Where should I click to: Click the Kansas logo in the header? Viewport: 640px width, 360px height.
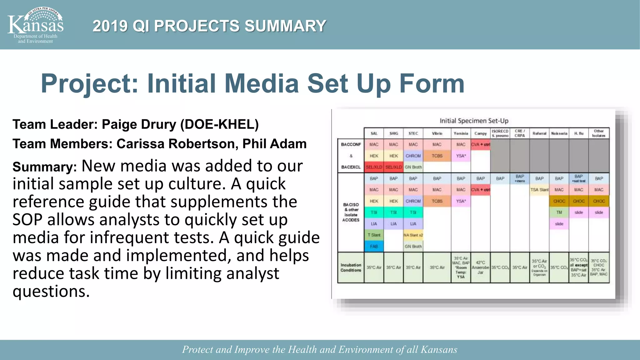(35, 25)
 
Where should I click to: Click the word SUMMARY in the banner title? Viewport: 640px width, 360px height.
(285, 26)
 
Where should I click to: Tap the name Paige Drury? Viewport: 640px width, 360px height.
(139, 124)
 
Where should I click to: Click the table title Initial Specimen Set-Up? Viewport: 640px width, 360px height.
(474, 121)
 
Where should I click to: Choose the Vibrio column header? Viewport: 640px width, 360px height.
(437, 133)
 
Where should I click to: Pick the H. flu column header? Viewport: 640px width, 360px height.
(578, 133)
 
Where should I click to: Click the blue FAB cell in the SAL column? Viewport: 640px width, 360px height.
(374, 246)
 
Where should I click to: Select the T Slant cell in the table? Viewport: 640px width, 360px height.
(374, 235)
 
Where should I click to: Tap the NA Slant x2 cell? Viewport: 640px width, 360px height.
(413, 235)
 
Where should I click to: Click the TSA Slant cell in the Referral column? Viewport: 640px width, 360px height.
(539, 190)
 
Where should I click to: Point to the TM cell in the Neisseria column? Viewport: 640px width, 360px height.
(559, 212)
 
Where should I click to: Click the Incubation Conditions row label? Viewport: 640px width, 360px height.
(351, 267)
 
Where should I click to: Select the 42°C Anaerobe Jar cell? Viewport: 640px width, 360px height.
(480, 267)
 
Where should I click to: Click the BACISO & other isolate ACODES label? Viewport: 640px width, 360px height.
(351, 212)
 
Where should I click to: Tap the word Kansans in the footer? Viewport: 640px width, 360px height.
(439, 349)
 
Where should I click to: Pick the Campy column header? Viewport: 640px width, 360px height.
(480, 133)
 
